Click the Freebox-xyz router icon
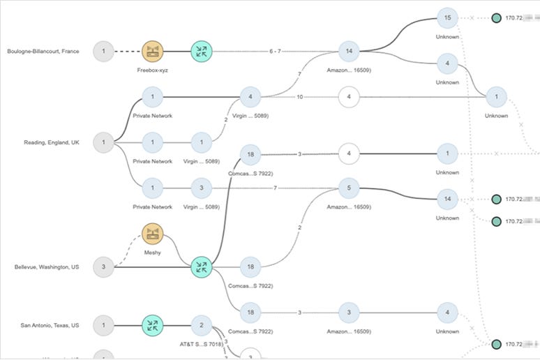pyautogui.click(x=152, y=51)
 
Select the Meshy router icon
pyautogui.click(x=152, y=234)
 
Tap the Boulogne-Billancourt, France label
pyautogui.click(x=43, y=51)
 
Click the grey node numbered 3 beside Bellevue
pyautogui.click(x=103, y=267)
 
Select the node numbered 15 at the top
pyautogui.click(x=447, y=17)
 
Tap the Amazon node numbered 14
pyautogui.click(x=348, y=51)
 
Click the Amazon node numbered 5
pyautogui.click(x=348, y=188)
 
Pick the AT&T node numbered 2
pyautogui.click(x=201, y=325)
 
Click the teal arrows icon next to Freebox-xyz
pyautogui.click(x=201, y=51)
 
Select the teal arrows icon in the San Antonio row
pyautogui.click(x=152, y=325)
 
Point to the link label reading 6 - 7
pyautogui.click(x=275, y=51)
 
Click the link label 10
pyautogui.click(x=299, y=96)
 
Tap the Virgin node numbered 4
pyautogui.click(x=250, y=96)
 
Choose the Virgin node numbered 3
pyautogui.click(x=201, y=188)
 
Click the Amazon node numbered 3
pyautogui.click(x=348, y=312)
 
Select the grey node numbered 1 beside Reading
pyautogui.click(x=103, y=142)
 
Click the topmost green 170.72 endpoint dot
pyautogui.click(x=496, y=17)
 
